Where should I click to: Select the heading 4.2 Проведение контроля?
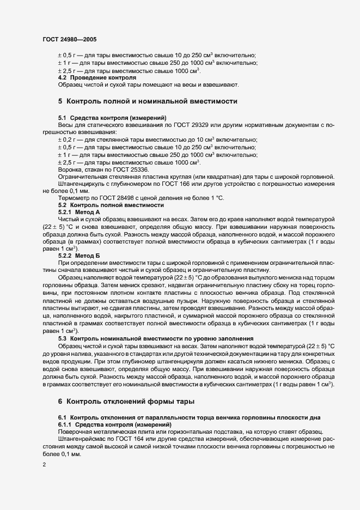coord(89,78)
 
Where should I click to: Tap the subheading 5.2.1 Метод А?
coord(79,211)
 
